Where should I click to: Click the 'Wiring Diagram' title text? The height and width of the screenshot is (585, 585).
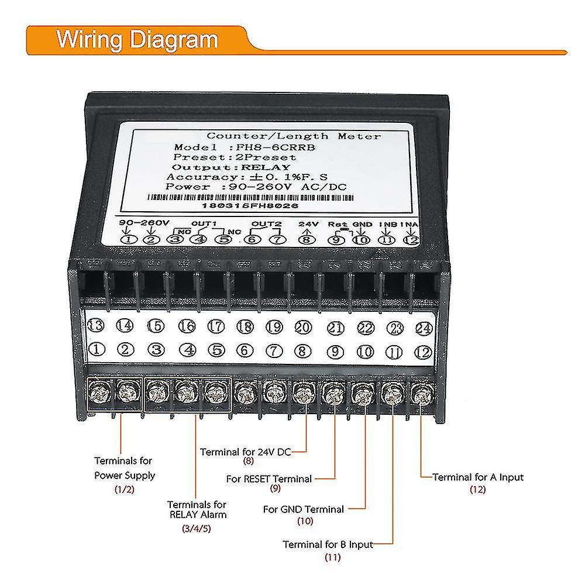(137, 40)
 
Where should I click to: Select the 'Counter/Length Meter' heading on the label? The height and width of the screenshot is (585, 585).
(293, 136)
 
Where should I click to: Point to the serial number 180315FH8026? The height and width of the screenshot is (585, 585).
(249, 205)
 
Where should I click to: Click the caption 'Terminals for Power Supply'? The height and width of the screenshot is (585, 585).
(124, 468)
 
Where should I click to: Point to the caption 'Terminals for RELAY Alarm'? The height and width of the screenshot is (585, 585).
(197, 510)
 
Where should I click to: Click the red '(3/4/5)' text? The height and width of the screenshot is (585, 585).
(197, 529)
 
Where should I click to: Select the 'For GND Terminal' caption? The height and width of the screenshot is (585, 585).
(303, 509)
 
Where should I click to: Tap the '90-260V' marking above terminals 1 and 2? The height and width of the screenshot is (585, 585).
(144, 223)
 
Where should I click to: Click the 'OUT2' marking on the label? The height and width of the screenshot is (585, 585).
(266, 223)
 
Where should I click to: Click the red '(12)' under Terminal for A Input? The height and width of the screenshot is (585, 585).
(477, 490)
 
